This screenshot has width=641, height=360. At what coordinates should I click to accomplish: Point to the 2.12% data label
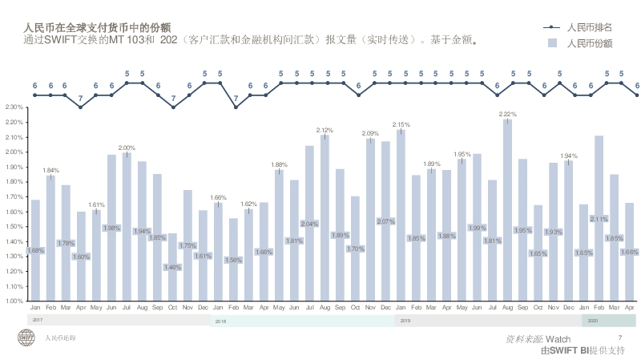[x=325, y=130]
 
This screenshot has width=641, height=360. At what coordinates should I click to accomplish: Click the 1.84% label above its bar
[x=50, y=170]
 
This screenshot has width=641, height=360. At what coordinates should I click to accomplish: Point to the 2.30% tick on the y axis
[x=13, y=107]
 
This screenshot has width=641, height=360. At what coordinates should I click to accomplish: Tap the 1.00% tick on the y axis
[x=13, y=301]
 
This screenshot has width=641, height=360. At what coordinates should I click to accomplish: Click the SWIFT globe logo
[x=27, y=338]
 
